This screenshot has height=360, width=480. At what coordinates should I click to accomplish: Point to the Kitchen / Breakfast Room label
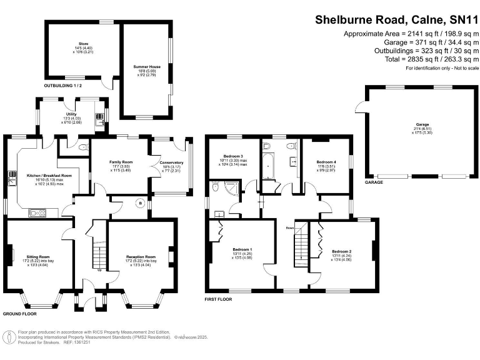[x=44, y=176]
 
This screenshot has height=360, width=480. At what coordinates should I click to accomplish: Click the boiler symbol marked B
[x=140, y=203]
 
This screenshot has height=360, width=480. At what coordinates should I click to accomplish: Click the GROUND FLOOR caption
[x=19, y=314]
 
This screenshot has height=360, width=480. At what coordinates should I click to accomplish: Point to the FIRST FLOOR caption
[x=218, y=299]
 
